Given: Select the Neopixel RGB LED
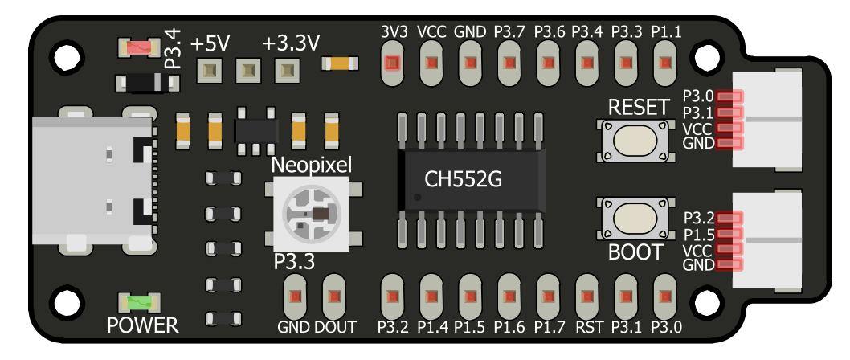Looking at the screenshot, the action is tap(309, 213).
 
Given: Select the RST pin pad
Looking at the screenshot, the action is tap(586, 297).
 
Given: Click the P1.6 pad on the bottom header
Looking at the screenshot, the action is tap(509, 297).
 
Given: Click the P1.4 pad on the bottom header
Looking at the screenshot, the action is tap(431, 297).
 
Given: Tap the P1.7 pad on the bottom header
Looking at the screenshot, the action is tap(547, 297).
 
